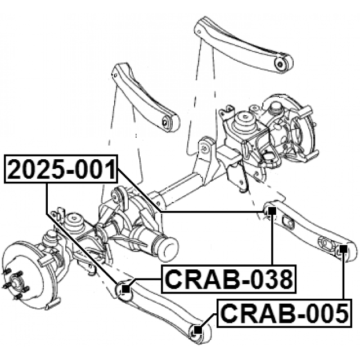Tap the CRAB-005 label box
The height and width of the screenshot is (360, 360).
[285, 313]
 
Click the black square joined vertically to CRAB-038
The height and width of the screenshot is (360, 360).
[272, 212]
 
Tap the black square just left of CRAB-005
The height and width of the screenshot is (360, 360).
[197, 330]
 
